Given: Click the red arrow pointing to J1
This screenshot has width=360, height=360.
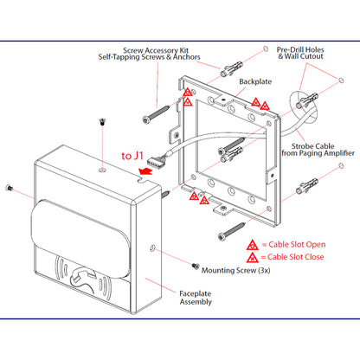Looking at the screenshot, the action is [145, 170].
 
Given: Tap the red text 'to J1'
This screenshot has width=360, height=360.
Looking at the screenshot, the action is [132, 156].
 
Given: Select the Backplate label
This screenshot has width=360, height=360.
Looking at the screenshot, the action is [255, 81].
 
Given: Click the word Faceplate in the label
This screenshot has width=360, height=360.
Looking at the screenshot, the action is [196, 293].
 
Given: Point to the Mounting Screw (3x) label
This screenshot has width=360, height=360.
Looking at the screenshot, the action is [235, 271].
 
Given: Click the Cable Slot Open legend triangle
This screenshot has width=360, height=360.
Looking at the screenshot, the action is [253, 245].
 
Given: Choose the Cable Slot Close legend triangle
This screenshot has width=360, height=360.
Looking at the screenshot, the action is [253, 257].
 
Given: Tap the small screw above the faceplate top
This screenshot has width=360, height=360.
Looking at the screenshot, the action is [101, 122].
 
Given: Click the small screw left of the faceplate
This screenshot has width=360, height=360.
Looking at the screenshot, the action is [9, 188].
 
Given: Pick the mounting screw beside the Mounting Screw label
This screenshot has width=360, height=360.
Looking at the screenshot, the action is [196, 266].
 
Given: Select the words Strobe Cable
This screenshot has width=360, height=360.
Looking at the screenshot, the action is [312, 146].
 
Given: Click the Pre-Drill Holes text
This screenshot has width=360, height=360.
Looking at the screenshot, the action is [300, 49].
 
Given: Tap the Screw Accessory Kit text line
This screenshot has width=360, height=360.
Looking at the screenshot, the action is [156, 50].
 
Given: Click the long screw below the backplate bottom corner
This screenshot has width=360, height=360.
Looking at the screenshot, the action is [232, 231].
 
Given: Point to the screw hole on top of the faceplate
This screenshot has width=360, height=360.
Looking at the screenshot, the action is [102, 170].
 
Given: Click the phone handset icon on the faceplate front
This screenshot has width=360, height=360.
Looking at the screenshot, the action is [83, 280].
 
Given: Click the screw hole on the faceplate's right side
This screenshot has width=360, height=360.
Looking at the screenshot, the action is [153, 247].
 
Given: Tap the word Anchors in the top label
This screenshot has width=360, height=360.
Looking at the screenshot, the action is [187, 57].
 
